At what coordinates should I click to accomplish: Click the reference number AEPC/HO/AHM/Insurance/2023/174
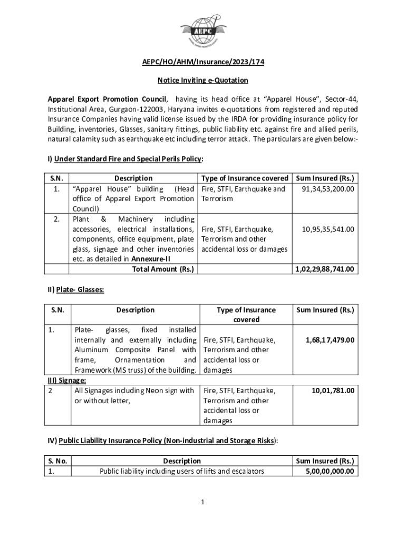click(203, 62)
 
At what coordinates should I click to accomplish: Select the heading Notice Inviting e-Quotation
click(203, 81)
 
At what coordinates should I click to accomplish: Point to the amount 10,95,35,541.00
click(328, 229)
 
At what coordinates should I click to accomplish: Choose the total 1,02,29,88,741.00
click(324, 269)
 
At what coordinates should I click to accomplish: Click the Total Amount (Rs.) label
click(162, 269)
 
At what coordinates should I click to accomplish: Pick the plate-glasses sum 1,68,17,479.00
click(330, 340)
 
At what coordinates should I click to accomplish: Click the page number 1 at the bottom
click(202, 502)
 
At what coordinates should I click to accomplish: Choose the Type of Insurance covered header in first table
click(245, 178)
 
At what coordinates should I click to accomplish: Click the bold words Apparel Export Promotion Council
click(108, 99)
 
